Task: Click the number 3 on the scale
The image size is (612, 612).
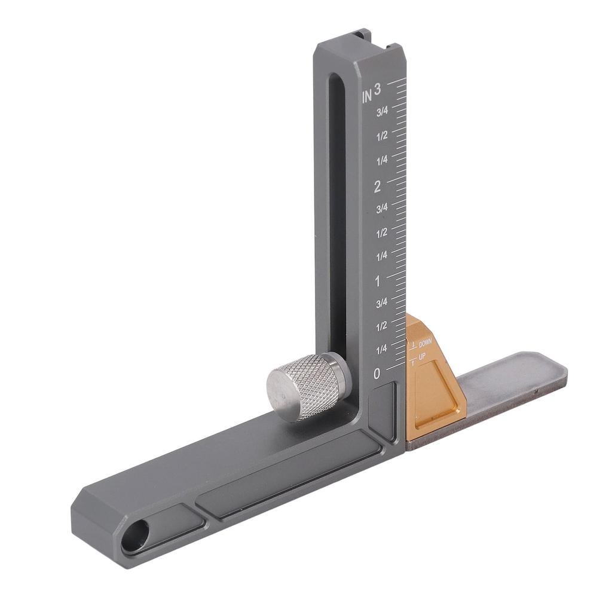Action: [x=377, y=89]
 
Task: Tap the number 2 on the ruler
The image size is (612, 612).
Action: [x=377, y=186]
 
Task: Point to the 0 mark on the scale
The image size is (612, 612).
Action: [x=377, y=374]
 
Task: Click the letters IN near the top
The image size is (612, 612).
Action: [x=367, y=96]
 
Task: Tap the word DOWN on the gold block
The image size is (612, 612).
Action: [x=426, y=344]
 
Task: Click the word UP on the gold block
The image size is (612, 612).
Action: [x=423, y=357]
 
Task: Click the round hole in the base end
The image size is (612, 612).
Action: [x=135, y=535]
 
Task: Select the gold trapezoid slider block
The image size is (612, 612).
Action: [x=433, y=375]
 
